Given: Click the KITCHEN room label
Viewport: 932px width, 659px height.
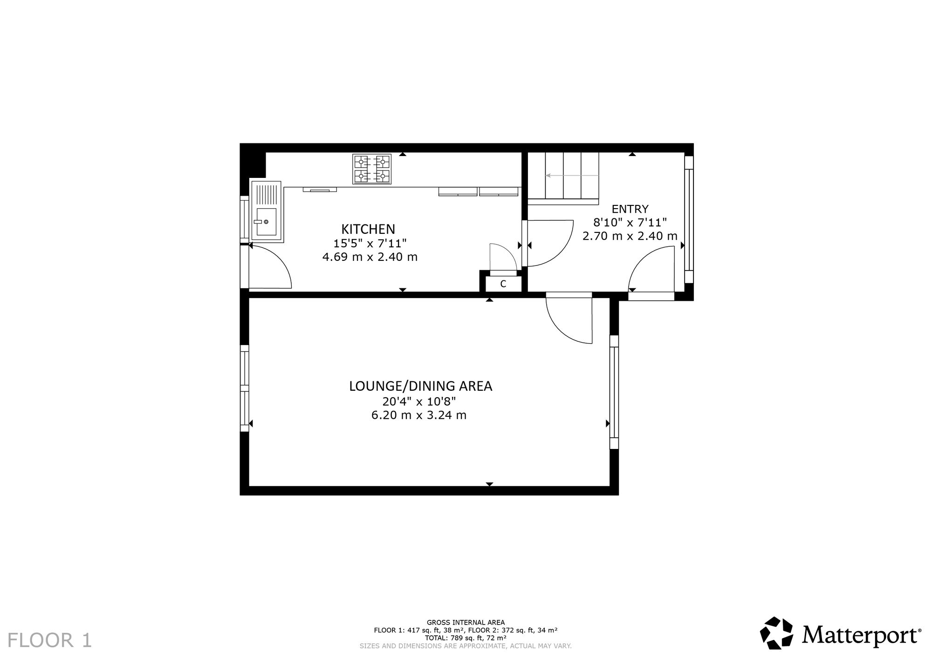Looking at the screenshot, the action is [x=368, y=229].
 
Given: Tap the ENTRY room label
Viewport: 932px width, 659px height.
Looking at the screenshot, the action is [x=630, y=209].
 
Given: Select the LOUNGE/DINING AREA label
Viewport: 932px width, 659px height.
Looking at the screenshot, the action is [x=421, y=386].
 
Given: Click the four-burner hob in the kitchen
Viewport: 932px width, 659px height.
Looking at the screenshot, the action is [x=371, y=169].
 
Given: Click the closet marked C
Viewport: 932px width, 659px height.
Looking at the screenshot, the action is [x=503, y=284].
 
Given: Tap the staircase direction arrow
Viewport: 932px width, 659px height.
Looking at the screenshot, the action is [x=572, y=176].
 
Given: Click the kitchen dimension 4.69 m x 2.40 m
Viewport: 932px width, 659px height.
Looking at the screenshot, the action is [x=370, y=257].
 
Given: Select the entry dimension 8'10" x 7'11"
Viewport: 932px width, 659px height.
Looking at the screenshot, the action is [x=630, y=222].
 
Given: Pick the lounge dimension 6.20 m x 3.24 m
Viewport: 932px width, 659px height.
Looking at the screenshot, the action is [x=419, y=415].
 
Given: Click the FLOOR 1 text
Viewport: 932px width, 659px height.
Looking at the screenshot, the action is [x=49, y=640].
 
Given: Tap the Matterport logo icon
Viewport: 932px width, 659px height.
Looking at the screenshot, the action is [x=777, y=633].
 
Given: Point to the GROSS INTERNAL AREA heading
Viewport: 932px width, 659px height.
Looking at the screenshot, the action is [x=466, y=622].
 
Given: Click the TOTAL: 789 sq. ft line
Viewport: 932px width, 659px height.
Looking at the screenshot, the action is [x=466, y=638].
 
